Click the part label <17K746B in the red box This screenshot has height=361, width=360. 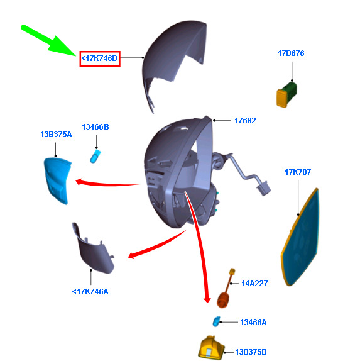click(x=99, y=58)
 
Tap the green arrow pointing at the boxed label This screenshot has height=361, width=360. click(x=48, y=40)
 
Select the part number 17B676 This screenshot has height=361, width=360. click(x=291, y=53)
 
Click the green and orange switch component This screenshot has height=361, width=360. click(x=286, y=94)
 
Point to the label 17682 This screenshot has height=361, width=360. click(x=245, y=121)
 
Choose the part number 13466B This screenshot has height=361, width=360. click(x=95, y=127)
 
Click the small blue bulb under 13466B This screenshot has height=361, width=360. click(x=95, y=157)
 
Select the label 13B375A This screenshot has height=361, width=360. click(x=56, y=135)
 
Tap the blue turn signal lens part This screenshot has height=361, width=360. click(x=57, y=181)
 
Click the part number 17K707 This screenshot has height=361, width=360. click(x=298, y=172)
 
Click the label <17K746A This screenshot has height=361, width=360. click(x=90, y=292)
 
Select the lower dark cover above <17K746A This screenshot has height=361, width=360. click(x=93, y=249)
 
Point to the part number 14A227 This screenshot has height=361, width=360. click(x=254, y=284)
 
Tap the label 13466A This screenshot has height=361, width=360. click(x=253, y=323)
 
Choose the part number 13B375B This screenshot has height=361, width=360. click(x=251, y=352)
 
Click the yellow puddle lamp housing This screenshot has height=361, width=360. click(x=211, y=348)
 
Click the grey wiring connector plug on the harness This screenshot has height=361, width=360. click(x=264, y=188)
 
